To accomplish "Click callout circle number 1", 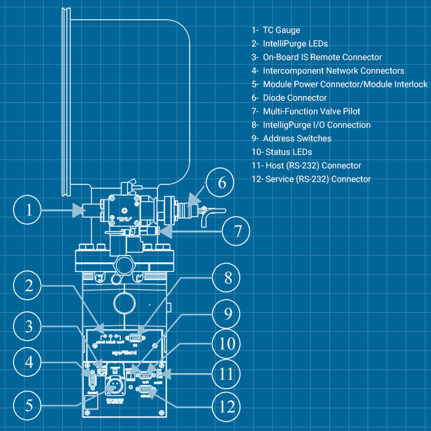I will [x=28, y=210].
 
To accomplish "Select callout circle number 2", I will [x=28, y=286].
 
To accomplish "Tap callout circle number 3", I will [x=28, y=325].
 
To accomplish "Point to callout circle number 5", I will [x=28, y=406].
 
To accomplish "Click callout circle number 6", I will [x=222, y=183].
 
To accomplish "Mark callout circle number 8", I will [x=228, y=278].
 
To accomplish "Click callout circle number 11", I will [x=228, y=374].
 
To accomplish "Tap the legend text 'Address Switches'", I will [x=296, y=139].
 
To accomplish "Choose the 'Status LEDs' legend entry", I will [x=288, y=152].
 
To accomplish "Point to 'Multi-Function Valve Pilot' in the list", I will [x=311, y=111].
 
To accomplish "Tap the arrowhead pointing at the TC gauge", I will [x=79, y=211].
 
